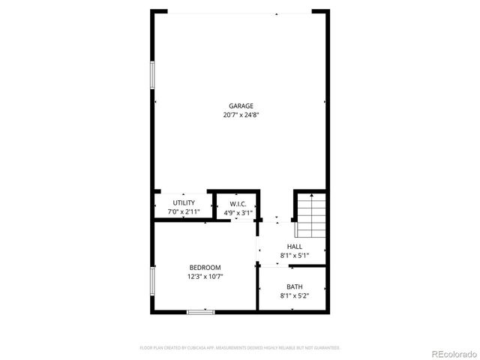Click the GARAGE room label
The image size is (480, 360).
coord(241,106)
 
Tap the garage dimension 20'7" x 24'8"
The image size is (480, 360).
coord(241,115)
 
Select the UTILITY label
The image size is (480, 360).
coord(184,202)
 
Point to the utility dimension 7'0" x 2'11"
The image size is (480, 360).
coord(184,212)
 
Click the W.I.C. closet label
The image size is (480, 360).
coord(238,203)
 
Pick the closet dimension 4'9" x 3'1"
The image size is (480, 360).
coord(238,213)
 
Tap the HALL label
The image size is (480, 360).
coord(295,246)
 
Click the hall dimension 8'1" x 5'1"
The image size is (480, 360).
coord(295,256)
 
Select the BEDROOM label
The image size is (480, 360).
coord(205,268)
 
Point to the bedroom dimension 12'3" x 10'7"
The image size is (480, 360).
coord(205,277)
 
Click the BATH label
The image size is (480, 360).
coord(295,286)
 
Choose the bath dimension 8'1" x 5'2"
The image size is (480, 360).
coord(295,295)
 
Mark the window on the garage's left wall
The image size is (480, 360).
coord(152,74)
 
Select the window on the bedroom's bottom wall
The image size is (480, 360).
coord(201,311)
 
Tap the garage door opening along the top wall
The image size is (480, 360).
coord(240,12)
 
